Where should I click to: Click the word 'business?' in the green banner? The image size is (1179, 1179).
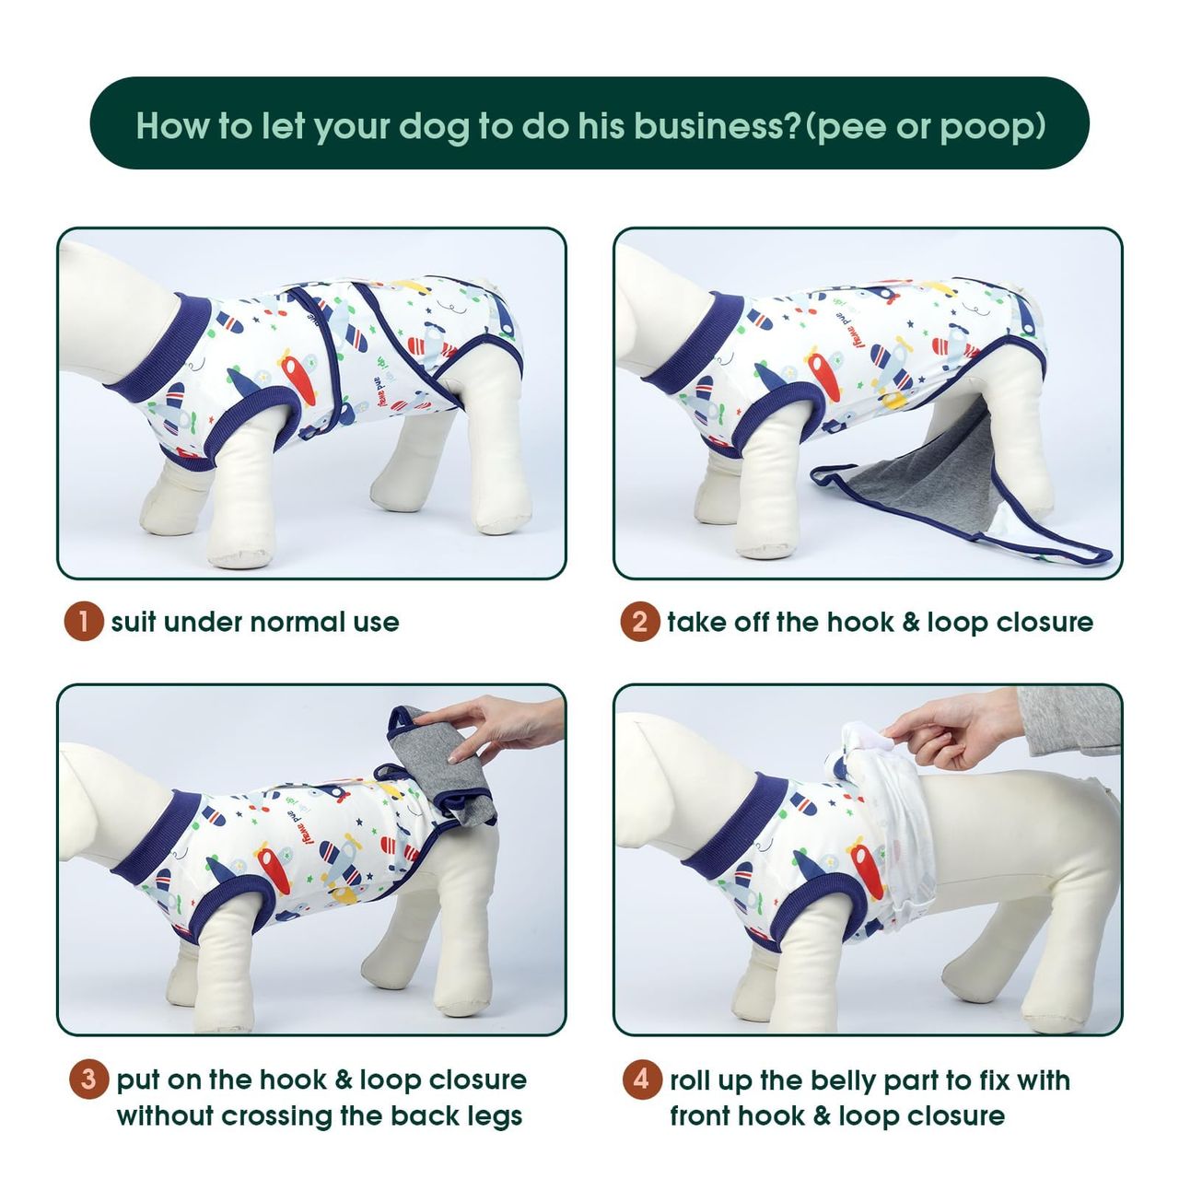point(717,125)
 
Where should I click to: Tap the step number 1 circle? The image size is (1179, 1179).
point(84,623)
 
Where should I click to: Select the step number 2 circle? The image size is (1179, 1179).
point(640,623)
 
